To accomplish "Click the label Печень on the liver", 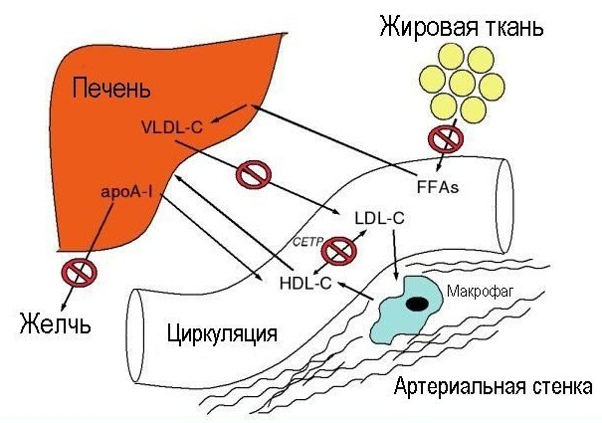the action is [111, 88].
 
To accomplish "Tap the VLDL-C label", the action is [172, 127].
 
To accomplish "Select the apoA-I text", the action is [126, 191].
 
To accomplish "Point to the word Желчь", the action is [56, 322].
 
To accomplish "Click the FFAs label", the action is [438, 187].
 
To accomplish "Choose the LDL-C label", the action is [380, 218].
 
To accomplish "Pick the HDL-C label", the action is [305, 284].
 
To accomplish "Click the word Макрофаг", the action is [480, 292].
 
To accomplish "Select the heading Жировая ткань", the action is [462, 28].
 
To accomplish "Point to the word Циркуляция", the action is [222, 333].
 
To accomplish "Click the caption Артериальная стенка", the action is [493, 386].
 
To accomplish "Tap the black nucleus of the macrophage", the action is [417, 304].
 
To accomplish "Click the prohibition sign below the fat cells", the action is [446, 138].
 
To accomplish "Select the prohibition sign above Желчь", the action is [80, 273].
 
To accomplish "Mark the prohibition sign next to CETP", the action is [339, 251].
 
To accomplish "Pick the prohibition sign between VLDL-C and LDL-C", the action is [254, 174].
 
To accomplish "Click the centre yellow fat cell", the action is [462, 84].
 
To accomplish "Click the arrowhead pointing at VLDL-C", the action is [214, 120].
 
